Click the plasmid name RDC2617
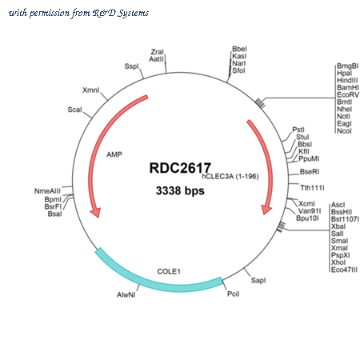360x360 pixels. click(180, 168)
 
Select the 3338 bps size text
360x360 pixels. click(180, 190)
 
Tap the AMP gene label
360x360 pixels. click(114, 154)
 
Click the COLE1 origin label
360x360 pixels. click(169, 271)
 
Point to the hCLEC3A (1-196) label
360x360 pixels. click(230, 177)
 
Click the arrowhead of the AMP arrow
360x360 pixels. click(95, 212)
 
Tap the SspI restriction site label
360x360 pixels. click(132, 66)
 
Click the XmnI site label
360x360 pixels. click(90, 90)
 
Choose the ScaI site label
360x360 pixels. click(74, 110)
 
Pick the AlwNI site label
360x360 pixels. click(126, 294)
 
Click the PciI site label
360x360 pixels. click(234, 294)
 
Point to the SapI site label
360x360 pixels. click(258, 280)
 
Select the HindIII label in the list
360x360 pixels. click(347, 80)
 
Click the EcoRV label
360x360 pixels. click(348, 94)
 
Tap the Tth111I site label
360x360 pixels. click(312, 188)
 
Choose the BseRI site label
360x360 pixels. click(310, 172)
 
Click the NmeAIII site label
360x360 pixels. click(47, 191)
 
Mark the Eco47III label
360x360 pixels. click(344, 270)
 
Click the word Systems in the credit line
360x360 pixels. click(133, 13)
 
